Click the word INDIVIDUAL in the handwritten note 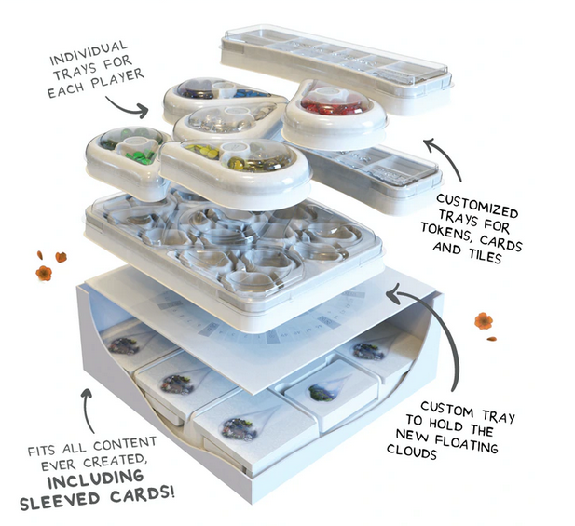click(89, 54)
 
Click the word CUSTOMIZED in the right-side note click(477, 206)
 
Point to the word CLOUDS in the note click(412, 451)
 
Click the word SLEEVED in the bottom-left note click(59, 501)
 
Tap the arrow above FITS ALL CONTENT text click(87, 411)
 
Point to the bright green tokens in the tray click(140, 155)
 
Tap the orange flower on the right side click(484, 321)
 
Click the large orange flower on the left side click(44, 273)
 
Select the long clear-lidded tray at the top click(335, 68)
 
